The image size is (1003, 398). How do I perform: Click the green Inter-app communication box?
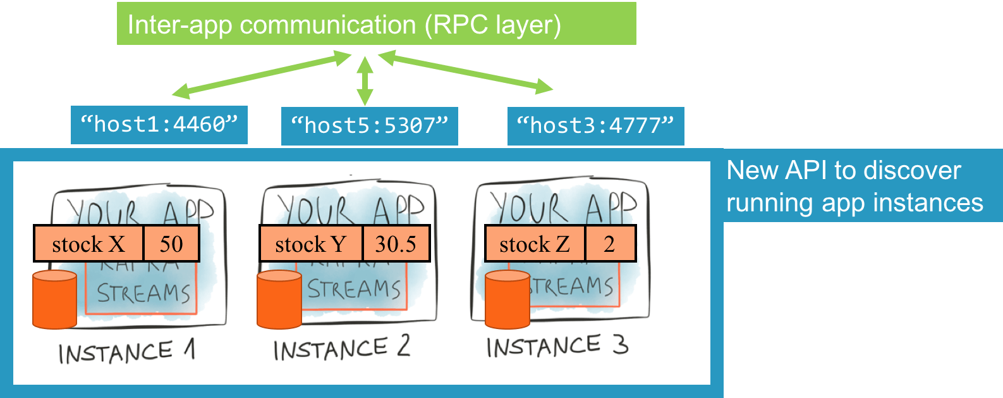coord(376,24)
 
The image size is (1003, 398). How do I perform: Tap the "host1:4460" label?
coord(159,125)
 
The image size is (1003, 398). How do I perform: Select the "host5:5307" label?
coord(369,126)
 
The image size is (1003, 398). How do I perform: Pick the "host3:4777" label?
coord(595,126)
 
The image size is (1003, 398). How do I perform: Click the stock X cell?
coord(88,244)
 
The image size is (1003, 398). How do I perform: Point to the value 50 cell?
coord(171,244)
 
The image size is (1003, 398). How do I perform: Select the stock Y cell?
coord(311,244)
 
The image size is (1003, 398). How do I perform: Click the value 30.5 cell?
coord(396,244)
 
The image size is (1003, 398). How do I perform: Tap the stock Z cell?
coord(535,244)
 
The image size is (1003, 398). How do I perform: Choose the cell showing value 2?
coord(610,244)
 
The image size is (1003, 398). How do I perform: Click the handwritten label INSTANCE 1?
coord(126,352)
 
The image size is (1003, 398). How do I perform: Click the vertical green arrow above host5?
coord(365,80)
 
